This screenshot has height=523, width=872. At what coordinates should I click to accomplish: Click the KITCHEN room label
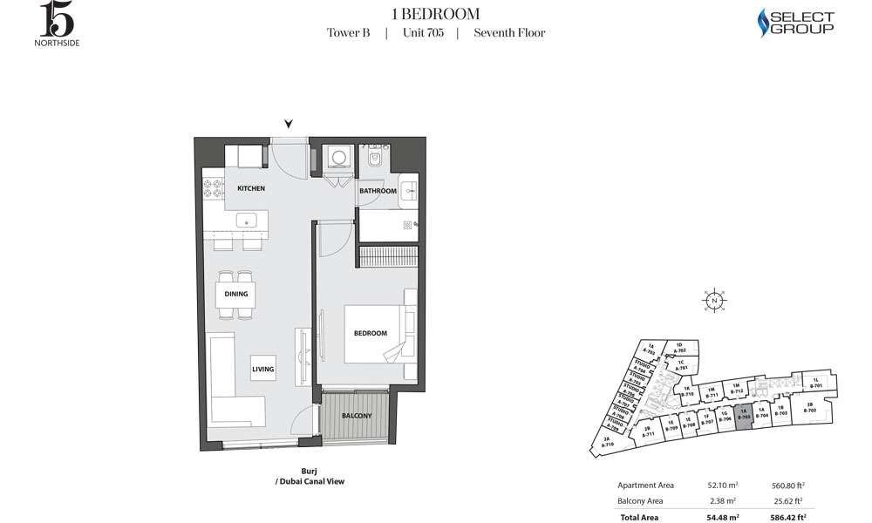(x=250, y=188)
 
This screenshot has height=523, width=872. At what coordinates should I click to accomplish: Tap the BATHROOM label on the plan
(x=378, y=191)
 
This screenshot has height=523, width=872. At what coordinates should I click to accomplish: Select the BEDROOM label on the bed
(x=370, y=333)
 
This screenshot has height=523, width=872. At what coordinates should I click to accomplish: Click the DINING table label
(x=236, y=295)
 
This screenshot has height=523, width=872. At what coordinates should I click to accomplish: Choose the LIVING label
(x=263, y=370)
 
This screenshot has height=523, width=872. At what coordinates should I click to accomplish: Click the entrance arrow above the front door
(x=289, y=125)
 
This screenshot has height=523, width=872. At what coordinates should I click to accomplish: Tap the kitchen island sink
(x=246, y=220)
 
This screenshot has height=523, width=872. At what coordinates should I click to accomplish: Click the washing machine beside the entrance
(x=337, y=157)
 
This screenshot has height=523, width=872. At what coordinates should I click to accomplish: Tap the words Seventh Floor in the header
(x=509, y=33)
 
